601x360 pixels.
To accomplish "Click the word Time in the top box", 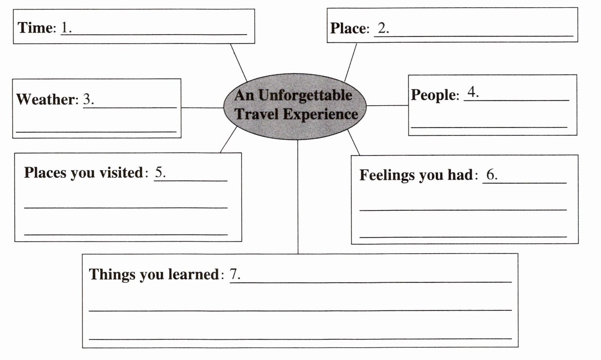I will tap(35, 28).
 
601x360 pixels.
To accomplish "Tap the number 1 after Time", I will tap(65, 27).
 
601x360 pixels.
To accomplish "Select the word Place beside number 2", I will tap(348, 28).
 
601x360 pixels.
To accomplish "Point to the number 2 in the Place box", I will tap(382, 28).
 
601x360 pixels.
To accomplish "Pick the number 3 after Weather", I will tap(87, 99).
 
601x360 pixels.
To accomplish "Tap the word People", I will tap(433, 95).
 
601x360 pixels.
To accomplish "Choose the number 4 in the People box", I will tap(472, 92).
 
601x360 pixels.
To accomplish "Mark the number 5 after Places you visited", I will tap(159, 172).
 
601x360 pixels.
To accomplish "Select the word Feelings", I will tap(384, 175).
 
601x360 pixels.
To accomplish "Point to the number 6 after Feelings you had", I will tap(491, 174).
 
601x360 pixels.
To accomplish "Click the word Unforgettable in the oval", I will tap(305, 95).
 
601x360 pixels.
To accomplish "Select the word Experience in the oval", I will tap(320, 114).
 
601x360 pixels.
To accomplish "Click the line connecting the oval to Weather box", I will tap(202, 108).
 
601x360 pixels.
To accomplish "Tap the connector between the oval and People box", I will tap(387, 106).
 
